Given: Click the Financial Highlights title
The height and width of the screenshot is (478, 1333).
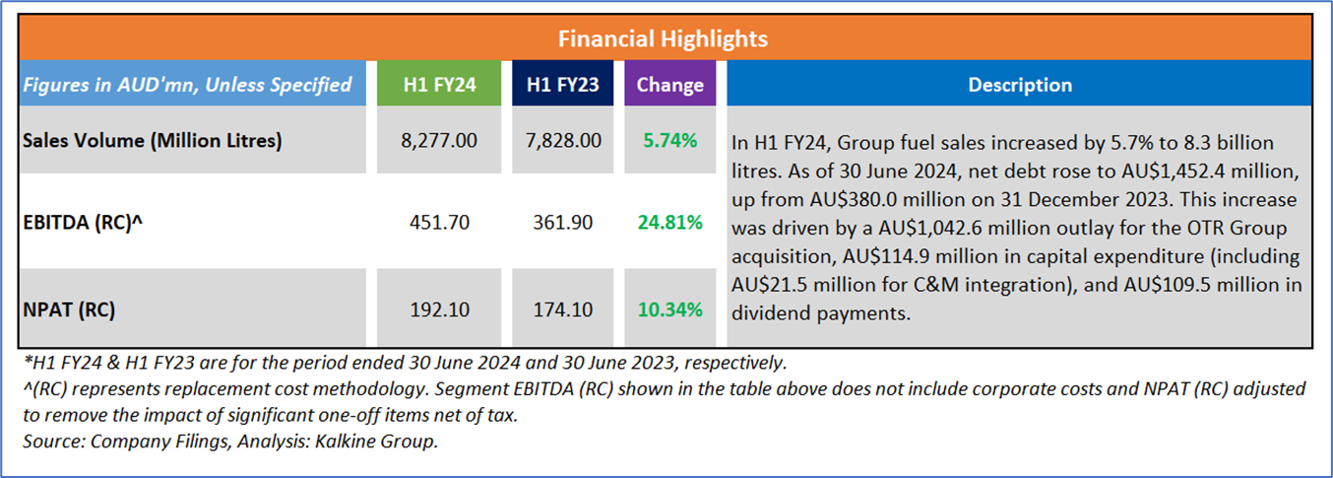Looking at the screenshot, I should pos(663,39).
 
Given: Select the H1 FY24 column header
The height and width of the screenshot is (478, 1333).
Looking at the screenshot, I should pos(439,85).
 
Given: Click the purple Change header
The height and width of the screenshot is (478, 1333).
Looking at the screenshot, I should pos(670,85).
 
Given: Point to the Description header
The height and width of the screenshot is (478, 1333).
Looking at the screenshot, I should pos(1020,85).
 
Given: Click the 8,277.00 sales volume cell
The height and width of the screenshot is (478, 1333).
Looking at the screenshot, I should pos(439,141).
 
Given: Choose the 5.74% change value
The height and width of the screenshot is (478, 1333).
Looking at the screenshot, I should pos(670,141).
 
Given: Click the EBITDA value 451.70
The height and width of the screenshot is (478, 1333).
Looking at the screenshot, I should pos(439,224).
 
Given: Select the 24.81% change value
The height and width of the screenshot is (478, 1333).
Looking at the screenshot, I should pos(670,224).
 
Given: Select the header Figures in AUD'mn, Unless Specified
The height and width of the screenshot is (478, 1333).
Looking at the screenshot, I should pos(187,85).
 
